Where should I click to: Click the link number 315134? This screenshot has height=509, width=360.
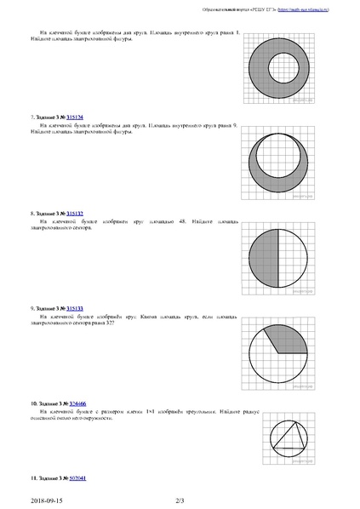[x=75, y=117]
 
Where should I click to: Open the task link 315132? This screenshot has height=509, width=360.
[x=75, y=213]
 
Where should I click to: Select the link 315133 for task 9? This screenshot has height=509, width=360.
[x=75, y=307]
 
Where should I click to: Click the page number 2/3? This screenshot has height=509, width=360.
[x=180, y=500]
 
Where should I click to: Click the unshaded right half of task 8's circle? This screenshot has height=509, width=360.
[x=297, y=260]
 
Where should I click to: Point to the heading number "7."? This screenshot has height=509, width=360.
[x=31, y=117]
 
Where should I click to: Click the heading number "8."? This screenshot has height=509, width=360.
[x=31, y=213]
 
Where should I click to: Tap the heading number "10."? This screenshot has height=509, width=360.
[x=33, y=401]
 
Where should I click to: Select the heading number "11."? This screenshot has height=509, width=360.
[x=33, y=478]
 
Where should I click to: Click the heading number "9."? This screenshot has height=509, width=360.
[x=31, y=307]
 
